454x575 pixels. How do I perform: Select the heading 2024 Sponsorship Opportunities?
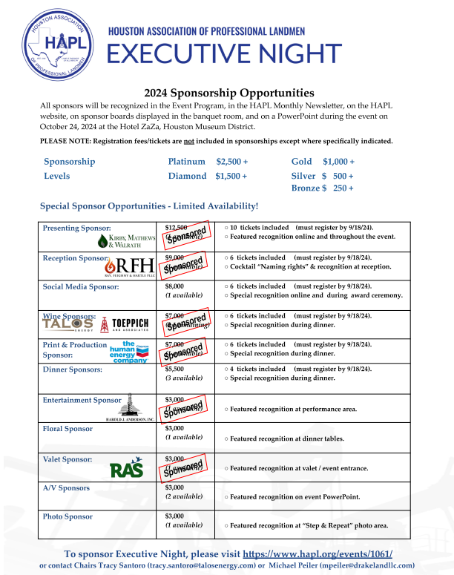coord(229,93)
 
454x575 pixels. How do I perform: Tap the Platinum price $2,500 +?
coord(232,161)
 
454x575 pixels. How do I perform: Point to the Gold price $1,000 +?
coord(338,161)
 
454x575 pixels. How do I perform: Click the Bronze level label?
coord(305,188)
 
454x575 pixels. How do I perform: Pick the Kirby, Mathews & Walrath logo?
coord(127,240)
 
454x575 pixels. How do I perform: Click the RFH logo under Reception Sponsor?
coord(131,267)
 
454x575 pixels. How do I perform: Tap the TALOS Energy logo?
coord(67,323)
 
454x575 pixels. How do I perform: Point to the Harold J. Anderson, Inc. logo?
coord(130,408)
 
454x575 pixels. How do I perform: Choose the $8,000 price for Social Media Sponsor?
coord(174,286)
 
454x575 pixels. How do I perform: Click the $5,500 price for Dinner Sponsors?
coord(174,369)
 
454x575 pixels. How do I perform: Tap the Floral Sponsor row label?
coord(68,429)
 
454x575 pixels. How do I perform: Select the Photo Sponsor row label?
coord(68,516)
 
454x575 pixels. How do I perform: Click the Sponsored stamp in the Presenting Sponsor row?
coord(185,235)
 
